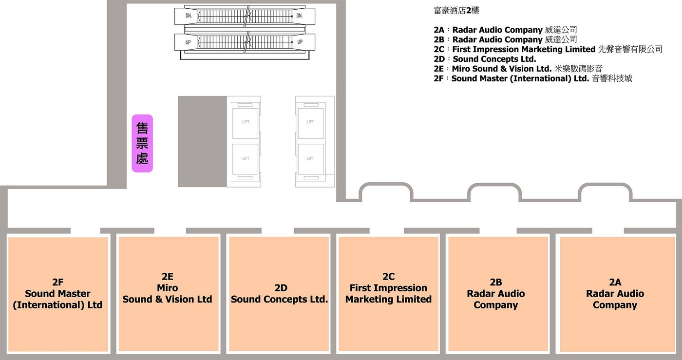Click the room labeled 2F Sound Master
pos(57,294)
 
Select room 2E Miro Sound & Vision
pos(168,294)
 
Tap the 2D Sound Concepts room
pos(279,294)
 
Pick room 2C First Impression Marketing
pos(388,294)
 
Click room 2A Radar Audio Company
pos(615,294)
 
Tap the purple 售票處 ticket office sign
pos(142,143)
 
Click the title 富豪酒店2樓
pos(456,10)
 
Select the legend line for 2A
pos(505,30)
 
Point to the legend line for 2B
pos(505,39)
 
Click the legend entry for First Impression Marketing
pos(548,49)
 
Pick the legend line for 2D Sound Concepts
pos(485,59)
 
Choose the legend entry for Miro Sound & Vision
pos(518,69)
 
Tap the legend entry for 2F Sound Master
pos(533,78)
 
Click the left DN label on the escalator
pos(189,16)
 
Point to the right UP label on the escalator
pos(300,42)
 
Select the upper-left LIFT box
pos(246,122)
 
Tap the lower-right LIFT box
pos(310,158)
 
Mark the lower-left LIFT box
pos(246,158)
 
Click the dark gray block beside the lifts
pos(202,141)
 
